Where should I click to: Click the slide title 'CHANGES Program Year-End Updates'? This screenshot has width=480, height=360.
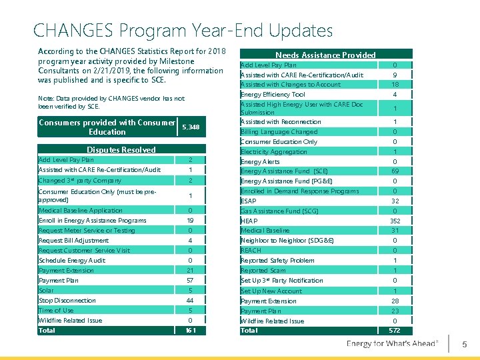click(x=183, y=31)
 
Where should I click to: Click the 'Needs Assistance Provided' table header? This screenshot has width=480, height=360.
click(x=325, y=55)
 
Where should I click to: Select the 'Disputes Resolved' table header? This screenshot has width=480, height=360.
click(x=121, y=150)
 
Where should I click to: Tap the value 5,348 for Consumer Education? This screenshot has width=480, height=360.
click(x=190, y=127)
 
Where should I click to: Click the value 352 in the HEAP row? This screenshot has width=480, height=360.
click(x=395, y=221)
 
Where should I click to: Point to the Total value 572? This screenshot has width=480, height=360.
click(x=395, y=331)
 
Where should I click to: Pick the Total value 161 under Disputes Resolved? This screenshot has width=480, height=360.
click(x=190, y=331)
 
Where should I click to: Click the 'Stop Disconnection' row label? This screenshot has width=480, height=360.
click(x=67, y=301)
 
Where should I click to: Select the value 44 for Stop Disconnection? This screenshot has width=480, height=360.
click(x=190, y=301)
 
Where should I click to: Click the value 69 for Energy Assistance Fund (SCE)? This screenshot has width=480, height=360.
click(x=395, y=171)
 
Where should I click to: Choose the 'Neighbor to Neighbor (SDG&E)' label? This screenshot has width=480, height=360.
click(x=287, y=241)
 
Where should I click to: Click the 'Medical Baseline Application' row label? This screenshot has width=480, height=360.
click(x=81, y=211)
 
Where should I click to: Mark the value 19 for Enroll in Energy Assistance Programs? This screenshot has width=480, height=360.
click(x=190, y=221)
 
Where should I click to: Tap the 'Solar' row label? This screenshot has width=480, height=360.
click(x=47, y=291)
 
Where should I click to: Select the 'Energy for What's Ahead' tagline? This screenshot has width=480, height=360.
click(x=393, y=343)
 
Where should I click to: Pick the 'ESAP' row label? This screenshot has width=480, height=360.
click(x=249, y=201)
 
